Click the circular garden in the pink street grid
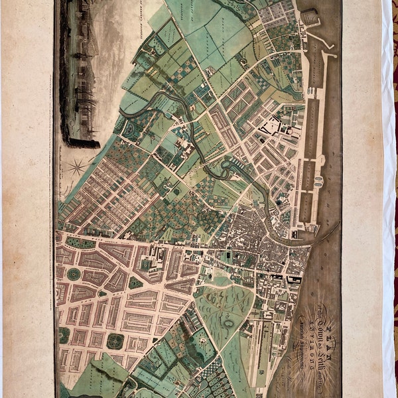pos(74,274)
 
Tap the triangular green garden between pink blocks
pos(135,283)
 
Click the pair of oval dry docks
pos(318,181)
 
